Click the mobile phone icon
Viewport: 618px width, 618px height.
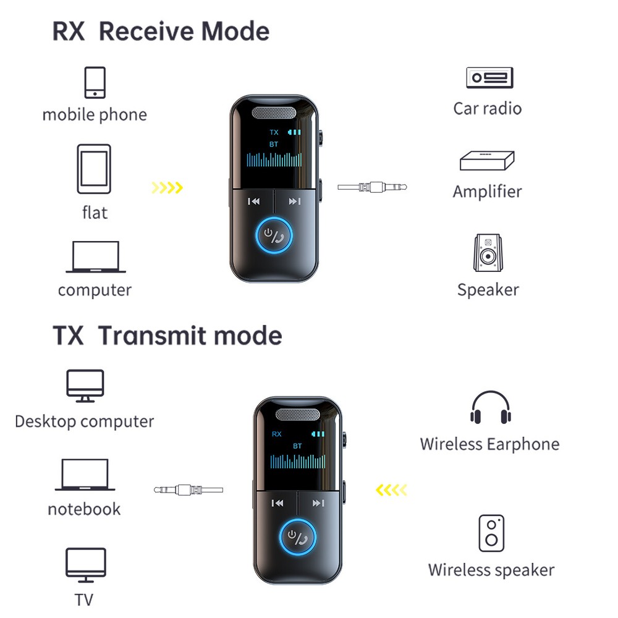[x=95, y=82]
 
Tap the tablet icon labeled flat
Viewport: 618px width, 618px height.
[x=94, y=169]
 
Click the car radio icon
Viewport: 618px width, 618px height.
[x=489, y=78]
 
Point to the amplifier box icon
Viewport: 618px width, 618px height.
[x=487, y=161]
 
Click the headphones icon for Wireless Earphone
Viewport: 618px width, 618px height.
[x=490, y=408]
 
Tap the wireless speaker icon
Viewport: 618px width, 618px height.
[x=491, y=533]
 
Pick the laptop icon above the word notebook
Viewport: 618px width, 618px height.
[x=85, y=475]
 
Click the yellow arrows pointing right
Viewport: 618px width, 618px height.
[x=167, y=187]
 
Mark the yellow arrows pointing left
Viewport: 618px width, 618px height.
[x=392, y=491]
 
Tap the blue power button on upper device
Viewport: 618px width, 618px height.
[x=274, y=237]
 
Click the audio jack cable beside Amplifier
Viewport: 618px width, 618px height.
[x=373, y=187]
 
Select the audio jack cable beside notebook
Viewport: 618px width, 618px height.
[x=188, y=490]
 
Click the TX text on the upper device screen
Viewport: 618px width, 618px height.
[x=274, y=132]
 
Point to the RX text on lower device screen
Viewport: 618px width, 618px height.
[x=276, y=434]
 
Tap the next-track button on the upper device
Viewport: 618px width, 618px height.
[x=295, y=201]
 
